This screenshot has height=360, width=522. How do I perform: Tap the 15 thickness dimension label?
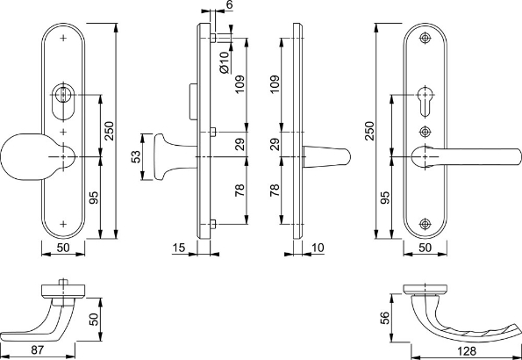[178, 249]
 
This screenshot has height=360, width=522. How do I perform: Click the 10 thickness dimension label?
[317, 249]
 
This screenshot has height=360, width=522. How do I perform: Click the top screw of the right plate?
[426, 40]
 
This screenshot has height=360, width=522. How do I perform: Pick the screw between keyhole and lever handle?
[426, 132]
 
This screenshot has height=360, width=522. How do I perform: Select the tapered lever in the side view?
[329, 156]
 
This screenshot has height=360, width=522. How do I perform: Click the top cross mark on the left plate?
[63, 40]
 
